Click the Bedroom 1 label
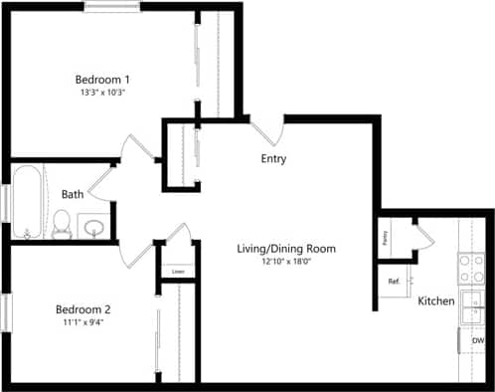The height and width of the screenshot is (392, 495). click(x=103, y=79)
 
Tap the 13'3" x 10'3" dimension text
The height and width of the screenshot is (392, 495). click(x=103, y=92)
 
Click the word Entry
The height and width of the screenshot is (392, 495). click(x=274, y=159)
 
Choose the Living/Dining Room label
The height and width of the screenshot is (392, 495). click(x=286, y=248)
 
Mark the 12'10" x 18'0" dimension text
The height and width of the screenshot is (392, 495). click(x=286, y=261)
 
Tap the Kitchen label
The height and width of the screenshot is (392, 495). click(x=436, y=300)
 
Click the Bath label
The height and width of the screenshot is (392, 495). click(x=73, y=194)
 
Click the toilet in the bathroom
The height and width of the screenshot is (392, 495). click(x=62, y=224)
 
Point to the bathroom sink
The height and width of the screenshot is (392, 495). click(x=94, y=228)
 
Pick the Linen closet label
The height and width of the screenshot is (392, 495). click(x=178, y=271)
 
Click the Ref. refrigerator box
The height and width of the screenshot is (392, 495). click(x=395, y=281)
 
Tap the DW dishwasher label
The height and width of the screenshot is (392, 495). click(x=478, y=341)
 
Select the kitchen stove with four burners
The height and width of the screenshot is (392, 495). click(x=469, y=267)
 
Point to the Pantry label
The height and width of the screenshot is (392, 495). click(x=386, y=238)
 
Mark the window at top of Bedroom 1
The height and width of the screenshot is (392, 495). click(x=111, y=7)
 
